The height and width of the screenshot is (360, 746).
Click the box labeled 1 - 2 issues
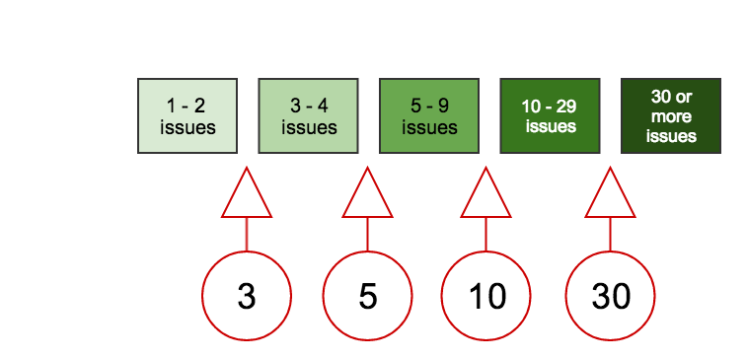[187, 115]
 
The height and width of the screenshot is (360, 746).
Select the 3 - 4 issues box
[308, 115]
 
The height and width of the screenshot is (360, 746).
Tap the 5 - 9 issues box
[429, 115]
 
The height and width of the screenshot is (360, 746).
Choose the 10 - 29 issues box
[550, 115]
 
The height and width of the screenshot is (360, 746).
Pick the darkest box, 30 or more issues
[671, 115]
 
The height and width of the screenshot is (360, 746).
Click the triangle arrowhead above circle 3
[247, 197]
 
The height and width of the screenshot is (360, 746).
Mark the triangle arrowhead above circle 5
[368, 197]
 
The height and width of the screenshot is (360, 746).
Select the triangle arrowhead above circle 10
[486, 197]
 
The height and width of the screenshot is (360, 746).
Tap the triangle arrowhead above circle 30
[611, 197]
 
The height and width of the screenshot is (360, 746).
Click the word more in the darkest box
[671, 116]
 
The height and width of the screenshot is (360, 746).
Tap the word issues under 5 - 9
[429, 127]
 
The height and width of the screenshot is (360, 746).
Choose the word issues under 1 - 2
[187, 127]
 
